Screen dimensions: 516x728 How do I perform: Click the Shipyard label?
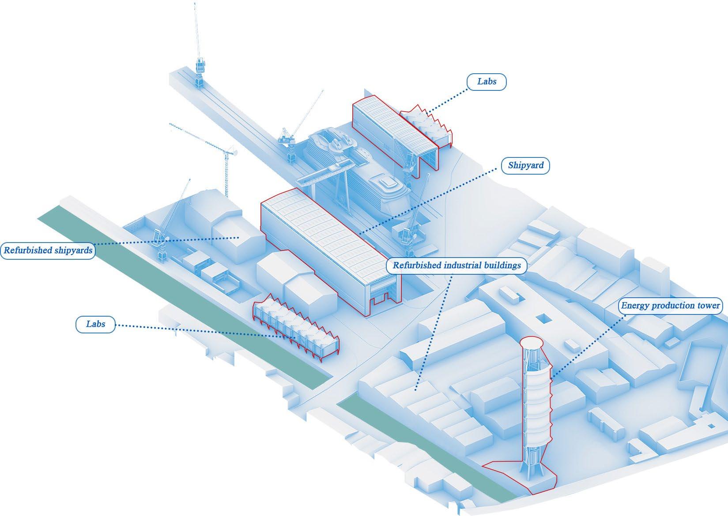525,166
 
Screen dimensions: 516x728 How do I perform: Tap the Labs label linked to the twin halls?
487,82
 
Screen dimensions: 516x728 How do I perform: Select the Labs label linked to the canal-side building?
95,324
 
